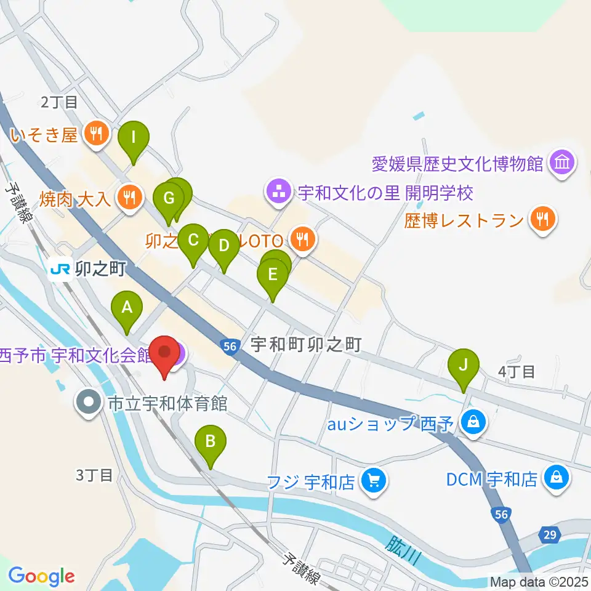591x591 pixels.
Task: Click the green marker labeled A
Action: pyautogui.click(x=127, y=307)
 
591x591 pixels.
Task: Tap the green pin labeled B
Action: pyautogui.click(x=211, y=441)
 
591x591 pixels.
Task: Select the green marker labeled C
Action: pyautogui.click(x=193, y=239)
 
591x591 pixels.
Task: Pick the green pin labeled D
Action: pyautogui.click(x=223, y=246)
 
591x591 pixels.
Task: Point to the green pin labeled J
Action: pyautogui.click(x=464, y=364)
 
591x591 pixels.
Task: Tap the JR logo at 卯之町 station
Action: pyautogui.click(x=60, y=269)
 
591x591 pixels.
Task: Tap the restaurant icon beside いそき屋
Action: pyautogui.click(x=95, y=133)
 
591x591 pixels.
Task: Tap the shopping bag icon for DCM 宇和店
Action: pyautogui.click(x=556, y=477)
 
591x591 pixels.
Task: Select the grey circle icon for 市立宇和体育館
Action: pyautogui.click(x=89, y=404)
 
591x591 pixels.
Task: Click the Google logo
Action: pyautogui.click(x=41, y=576)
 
